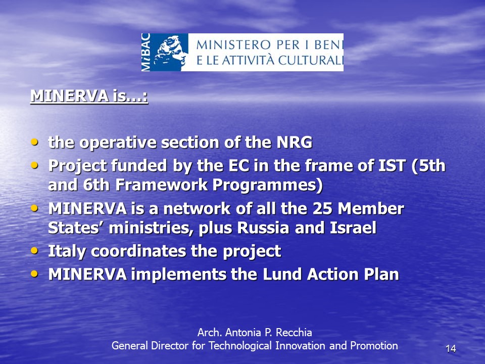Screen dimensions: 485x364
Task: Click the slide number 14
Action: tap(451, 348)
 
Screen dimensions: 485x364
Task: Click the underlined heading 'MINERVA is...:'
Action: tap(89, 96)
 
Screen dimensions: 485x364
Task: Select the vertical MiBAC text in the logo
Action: tap(145, 52)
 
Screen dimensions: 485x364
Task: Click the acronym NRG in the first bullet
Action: tap(294, 143)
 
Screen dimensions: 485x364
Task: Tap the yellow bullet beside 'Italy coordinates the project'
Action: tap(35, 250)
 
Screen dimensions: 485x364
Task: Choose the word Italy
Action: tap(67, 251)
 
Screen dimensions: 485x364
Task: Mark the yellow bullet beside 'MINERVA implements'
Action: tap(35, 274)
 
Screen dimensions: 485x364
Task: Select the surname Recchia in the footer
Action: tap(294, 333)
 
